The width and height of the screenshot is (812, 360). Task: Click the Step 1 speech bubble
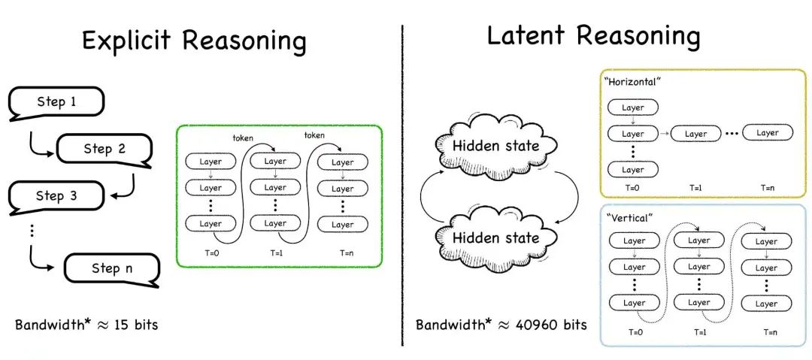tap(56, 102)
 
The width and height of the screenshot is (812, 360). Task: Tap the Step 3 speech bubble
tap(56, 196)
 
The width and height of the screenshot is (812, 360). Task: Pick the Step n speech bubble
tap(112, 269)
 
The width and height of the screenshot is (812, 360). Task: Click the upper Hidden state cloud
tap(495, 146)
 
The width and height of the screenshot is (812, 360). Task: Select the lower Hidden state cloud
tap(495, 237)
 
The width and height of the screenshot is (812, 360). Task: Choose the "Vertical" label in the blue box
tap(626, 217)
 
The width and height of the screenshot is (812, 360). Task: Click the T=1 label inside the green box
tap(276, 253)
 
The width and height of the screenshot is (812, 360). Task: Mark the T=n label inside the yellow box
tap(768, 188)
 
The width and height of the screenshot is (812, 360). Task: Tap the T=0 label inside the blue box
tap(633, 332)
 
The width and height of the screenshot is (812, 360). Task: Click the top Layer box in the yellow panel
tap(633, 107)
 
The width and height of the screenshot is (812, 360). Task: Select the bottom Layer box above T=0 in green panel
tap(211, 224)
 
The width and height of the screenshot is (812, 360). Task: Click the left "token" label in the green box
tap(244, 138)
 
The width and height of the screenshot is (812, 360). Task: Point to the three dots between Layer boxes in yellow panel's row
tap(732, 134)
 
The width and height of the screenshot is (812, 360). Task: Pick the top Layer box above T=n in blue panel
tap(766, 241)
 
